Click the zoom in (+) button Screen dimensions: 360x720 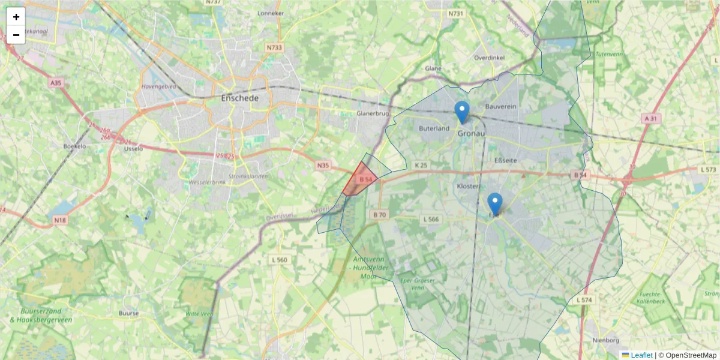pyautogui.click(x=16, y=17)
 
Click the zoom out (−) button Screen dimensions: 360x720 pyautogui.click(x=16, y=35)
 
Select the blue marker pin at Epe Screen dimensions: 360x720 pyautogui.click(x=495, y=203)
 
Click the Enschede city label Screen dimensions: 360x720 pyautogui.click(x=239, y=98)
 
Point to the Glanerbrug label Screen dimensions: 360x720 pyautogui.click(x=373, y=113)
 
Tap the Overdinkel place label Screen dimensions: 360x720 pyautogui.click(x=490, y=58)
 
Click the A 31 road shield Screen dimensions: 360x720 pyautogui.click(x=650, y=119)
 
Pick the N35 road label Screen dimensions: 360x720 pyautogui.click(x=323, y=165)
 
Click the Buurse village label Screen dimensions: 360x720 pyautogui.click(x=129, y=313)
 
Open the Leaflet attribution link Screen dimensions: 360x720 pyautogui.click(x=641, y=355)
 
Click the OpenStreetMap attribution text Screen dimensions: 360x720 pyautogui.click(x=691, y=355)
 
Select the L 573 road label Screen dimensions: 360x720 pyautogui.click(x=708, y=170)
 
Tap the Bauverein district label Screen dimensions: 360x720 pyautogui.click(x=500, y=107)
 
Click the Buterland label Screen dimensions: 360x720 pyautogui.click(x=434, y=128)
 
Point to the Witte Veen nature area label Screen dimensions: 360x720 pyautogui.click(x=199, y=314)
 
